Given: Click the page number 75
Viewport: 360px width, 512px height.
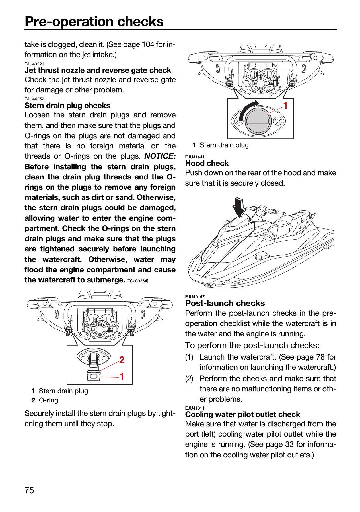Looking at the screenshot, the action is [29, 490].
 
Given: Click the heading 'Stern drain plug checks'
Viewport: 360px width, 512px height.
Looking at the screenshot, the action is [67, 106].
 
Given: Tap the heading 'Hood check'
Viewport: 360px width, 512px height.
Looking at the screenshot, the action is [207, 163].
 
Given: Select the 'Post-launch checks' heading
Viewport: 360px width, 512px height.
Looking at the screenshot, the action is [225, 303].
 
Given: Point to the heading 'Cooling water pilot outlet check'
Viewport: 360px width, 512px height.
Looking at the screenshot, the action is [243, 414].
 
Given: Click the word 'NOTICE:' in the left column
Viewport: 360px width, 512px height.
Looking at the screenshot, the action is [160, 156].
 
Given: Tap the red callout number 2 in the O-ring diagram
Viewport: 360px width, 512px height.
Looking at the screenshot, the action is [122, 360].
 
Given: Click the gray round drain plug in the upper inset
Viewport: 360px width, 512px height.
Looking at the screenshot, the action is [258, 121].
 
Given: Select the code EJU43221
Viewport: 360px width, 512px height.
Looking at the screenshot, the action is [34, 64].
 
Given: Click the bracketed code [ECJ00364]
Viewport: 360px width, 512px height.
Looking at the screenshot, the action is [137, 281].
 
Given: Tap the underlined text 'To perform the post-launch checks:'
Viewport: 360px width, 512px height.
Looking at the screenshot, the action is [252, 345].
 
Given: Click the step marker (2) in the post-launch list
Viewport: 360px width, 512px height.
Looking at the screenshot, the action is [189, 379].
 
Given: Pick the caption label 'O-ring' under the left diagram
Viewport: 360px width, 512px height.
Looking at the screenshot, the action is [48, 400].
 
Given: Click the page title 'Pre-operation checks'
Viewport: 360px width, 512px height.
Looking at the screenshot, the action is [94, 21].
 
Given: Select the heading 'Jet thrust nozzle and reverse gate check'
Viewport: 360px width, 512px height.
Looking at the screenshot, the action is [98, 70].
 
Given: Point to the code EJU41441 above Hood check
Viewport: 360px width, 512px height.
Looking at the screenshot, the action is [195, 157].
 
